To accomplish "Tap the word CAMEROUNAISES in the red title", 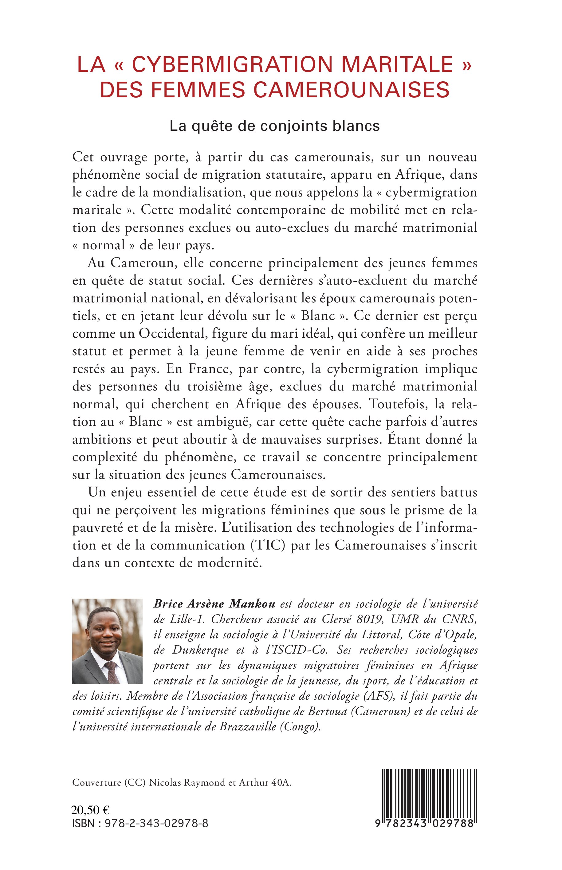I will click(352, 90).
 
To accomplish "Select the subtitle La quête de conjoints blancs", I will click(275, 126).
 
